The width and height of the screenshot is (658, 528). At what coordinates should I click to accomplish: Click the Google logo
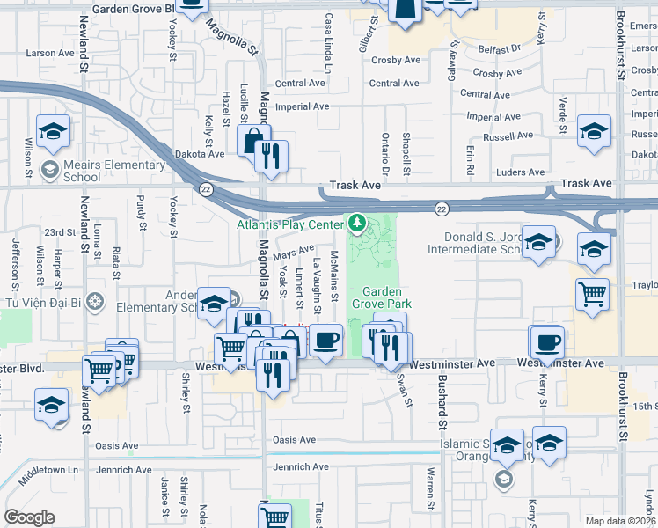click(x=29, y=517)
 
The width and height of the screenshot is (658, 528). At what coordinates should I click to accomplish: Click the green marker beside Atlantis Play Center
click(x=356, y=224)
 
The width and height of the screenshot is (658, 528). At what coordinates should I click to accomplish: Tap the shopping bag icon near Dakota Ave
click(x=252, y=139)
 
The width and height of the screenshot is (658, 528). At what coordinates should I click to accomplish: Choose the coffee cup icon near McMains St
click(x=325, y=339)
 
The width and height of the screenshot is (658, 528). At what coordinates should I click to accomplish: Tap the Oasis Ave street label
click(x=294, y=439)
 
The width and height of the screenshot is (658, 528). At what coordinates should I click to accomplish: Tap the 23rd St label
click(x=61, y=232)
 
